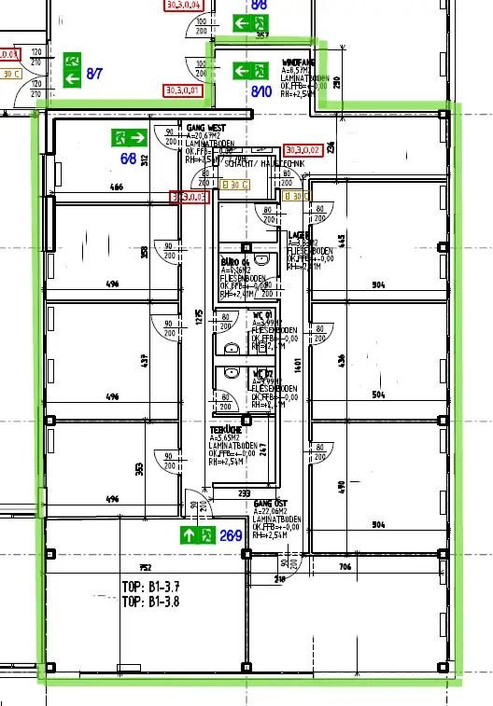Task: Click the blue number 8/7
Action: tap(95, 72)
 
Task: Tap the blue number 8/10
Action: tap(261, 91)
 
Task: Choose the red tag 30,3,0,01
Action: tap(183, 90)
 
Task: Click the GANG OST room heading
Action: tap(270, 503)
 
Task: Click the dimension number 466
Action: tap(117, 188)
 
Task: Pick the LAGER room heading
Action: tap(298, 235)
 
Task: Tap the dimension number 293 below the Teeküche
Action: tap(244, 492)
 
